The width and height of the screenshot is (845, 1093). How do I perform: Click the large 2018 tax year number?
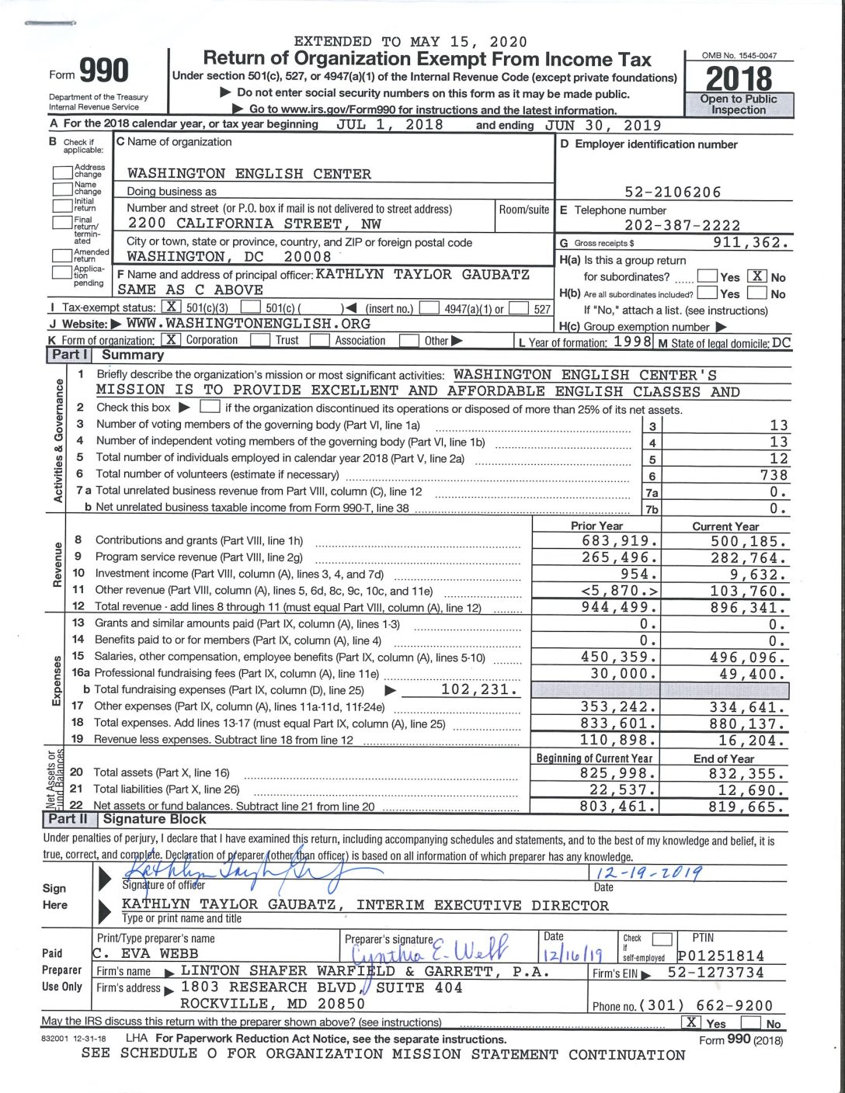point(739,78)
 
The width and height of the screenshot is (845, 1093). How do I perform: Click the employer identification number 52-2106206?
point(673,192)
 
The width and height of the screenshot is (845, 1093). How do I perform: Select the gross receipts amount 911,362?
point(750,242)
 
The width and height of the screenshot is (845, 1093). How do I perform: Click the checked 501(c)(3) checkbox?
point(172,308)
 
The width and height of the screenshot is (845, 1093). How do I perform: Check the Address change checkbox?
point(62,172)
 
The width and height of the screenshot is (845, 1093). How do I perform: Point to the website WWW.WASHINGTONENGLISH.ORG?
point(249,324)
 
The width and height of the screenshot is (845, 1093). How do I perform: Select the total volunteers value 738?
point(774,475)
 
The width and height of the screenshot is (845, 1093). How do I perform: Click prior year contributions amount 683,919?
point(620,541)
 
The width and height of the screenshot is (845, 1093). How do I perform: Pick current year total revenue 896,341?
point(748,608)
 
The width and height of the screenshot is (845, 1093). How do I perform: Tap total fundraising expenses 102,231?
point(479,689)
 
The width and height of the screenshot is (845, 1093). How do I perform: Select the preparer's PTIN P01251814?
point(721,956)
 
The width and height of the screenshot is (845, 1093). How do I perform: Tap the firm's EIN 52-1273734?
point(715,973)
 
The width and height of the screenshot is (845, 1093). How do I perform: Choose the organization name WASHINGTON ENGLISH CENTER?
point(249,174)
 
